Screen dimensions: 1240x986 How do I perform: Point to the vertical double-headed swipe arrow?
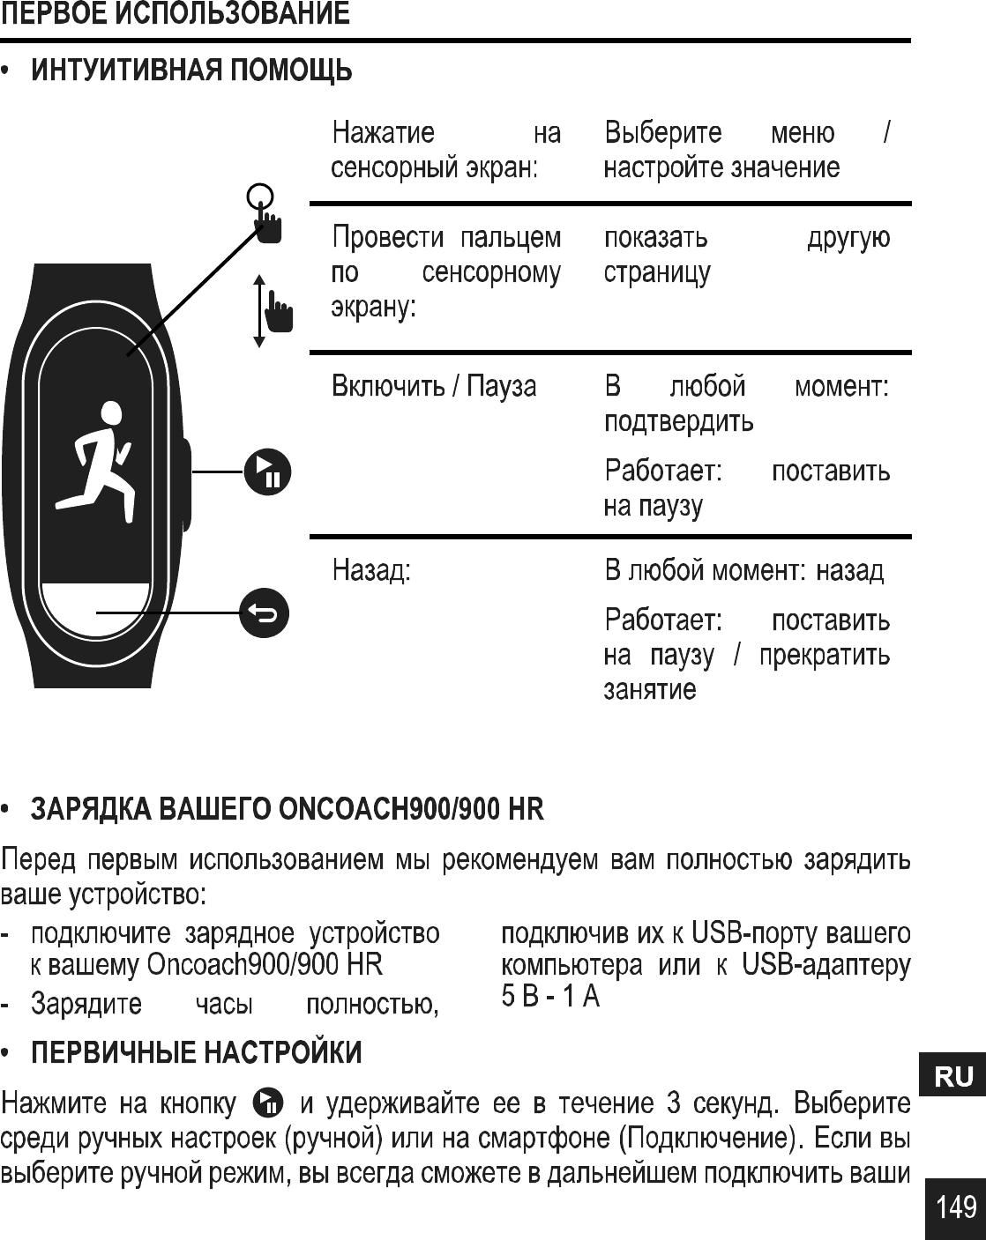click(258, 310)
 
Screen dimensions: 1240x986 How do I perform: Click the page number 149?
click(956, 1207)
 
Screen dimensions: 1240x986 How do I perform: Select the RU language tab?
click(954, 1076)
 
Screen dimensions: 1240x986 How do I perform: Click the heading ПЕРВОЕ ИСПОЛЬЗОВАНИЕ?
click(175, 15)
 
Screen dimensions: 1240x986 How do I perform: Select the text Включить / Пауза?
click(433, 386)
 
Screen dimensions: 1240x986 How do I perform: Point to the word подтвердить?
click(678, 421)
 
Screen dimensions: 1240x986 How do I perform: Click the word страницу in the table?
click(656, 273)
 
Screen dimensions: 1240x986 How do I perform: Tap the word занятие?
click(649, 689)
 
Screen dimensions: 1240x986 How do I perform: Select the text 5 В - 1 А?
click(550, 998)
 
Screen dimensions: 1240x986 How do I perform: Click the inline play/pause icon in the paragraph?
click(268, 1103)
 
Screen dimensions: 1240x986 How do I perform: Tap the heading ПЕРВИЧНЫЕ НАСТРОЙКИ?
click(197, 1052)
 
